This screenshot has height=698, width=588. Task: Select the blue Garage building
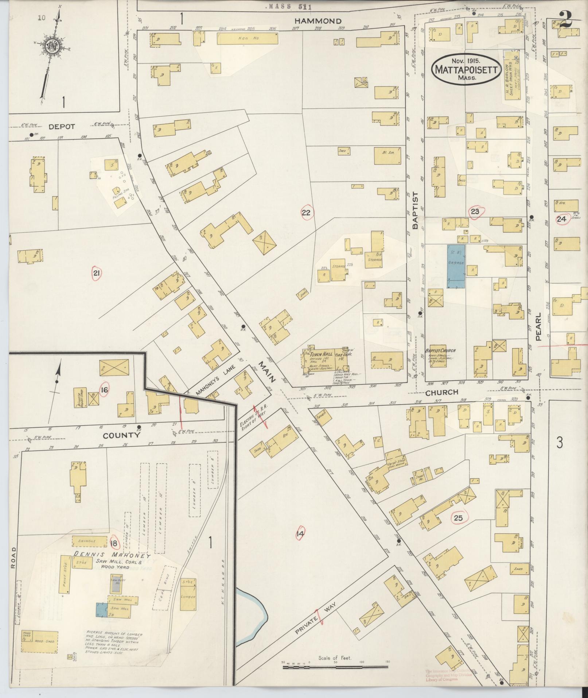pyautogui.click(x=456, y=267)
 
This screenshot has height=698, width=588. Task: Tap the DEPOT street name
pyautogui.click(x=62, y=127)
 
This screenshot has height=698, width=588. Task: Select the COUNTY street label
pyautogui.click(x=121, y=435)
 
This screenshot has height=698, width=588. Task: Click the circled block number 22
pyautogui.click(x=306, y=212)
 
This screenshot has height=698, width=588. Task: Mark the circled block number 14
pyautogui.click(x=300, y=533)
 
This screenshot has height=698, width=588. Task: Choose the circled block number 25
pyautogui.click(x=458, y=518)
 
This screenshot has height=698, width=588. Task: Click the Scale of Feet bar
pyautogui.click(x=335, y=667)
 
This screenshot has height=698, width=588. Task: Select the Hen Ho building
pyautogui.click(x=248, y=38)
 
